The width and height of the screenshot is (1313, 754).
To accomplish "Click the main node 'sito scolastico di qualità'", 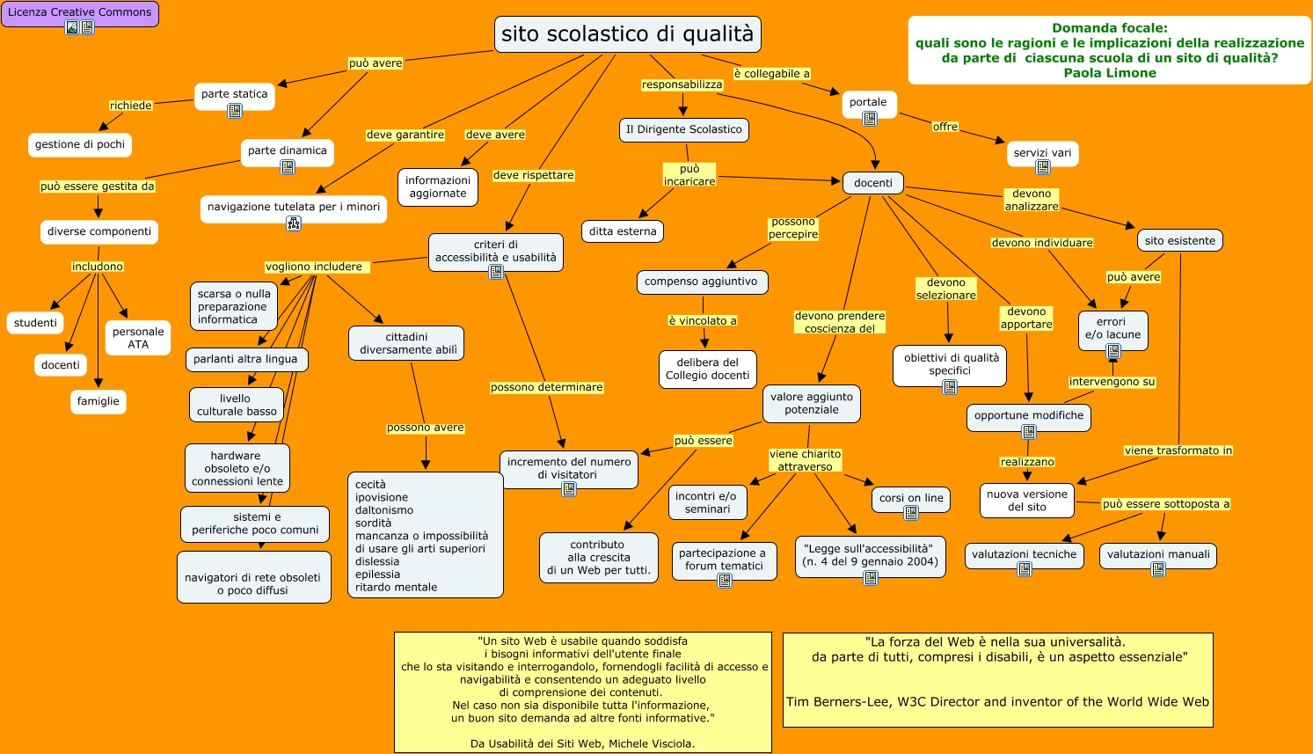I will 627,34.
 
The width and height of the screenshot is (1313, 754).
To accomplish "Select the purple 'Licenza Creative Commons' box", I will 79,13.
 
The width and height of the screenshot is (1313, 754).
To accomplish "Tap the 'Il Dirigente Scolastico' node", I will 683,129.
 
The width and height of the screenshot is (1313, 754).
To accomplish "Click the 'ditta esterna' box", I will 623,231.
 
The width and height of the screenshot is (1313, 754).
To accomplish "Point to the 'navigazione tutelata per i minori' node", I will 294,208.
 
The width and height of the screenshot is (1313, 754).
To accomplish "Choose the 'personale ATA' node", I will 138,338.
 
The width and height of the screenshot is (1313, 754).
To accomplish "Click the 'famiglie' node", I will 98,401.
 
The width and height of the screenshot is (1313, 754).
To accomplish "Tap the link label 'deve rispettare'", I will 533,175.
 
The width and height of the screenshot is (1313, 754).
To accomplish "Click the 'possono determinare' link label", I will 546,387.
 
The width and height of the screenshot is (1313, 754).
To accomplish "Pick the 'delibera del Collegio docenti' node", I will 707,369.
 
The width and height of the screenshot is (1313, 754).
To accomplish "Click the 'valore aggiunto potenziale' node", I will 811,403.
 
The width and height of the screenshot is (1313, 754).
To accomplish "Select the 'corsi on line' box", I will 910,498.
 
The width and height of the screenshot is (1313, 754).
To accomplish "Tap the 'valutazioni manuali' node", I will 1157,554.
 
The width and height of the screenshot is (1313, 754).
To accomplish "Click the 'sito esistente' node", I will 1179,240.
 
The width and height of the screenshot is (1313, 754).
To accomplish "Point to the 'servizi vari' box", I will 1042,153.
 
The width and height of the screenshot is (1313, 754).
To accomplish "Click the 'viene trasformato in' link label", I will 1178,450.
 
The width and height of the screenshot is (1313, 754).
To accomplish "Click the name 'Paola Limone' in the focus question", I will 1109,73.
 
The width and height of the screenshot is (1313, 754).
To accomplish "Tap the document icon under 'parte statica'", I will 235,111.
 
